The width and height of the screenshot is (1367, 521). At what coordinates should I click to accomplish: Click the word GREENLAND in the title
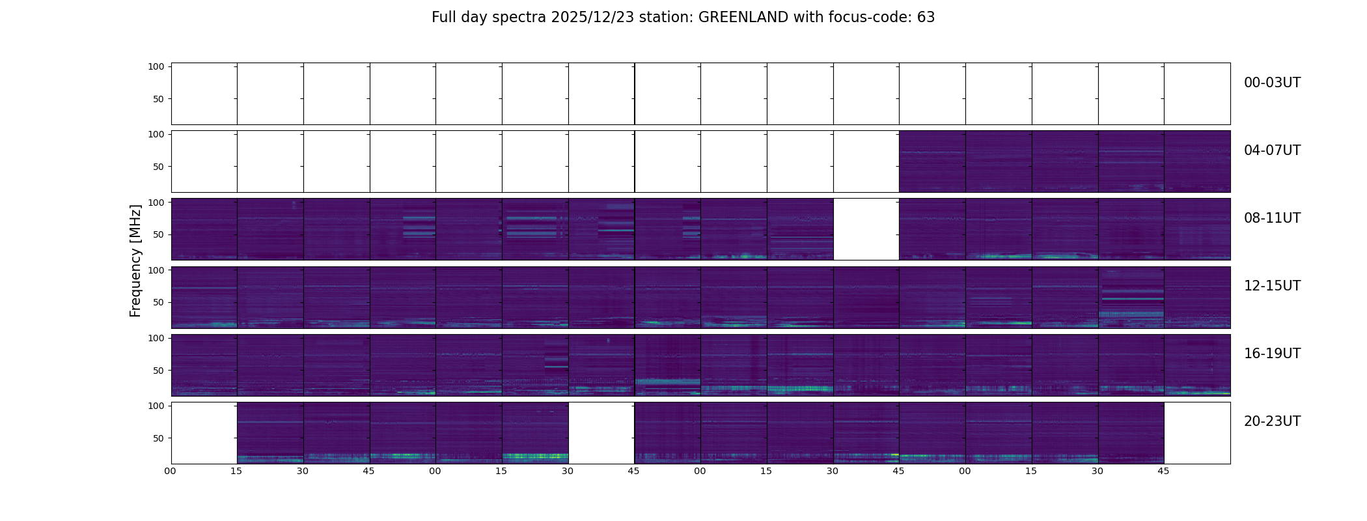coord(743,18)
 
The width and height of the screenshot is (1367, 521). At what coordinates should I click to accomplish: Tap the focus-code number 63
coord(926,18)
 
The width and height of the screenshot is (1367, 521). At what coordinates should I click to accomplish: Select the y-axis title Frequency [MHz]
coord(135,260)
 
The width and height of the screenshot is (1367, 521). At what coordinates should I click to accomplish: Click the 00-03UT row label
coord(1272,83)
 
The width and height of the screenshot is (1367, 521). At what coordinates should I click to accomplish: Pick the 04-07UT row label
coord(1272,150)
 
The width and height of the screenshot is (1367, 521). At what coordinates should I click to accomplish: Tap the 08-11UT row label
coord(1272,218)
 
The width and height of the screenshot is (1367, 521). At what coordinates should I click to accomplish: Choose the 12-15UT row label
coord(1272,286)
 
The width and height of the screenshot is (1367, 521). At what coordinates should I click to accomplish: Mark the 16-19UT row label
coord(1272,354)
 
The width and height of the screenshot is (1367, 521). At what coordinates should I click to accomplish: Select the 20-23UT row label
coord(1272,421)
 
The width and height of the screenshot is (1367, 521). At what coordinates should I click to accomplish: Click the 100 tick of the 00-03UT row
coord(156,66)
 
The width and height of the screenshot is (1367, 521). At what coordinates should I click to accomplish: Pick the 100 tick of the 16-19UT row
coord(156,338)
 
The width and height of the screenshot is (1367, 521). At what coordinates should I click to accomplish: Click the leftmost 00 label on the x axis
coord(170,471)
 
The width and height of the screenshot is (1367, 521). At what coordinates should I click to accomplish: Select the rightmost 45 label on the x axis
coord(1163,471)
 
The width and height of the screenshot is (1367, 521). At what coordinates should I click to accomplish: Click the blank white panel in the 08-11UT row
coord(866,229)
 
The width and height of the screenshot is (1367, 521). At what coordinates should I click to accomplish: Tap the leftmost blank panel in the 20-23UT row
coord(204,432)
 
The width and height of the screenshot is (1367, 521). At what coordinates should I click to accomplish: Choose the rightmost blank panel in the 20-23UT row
coord(1196,432)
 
